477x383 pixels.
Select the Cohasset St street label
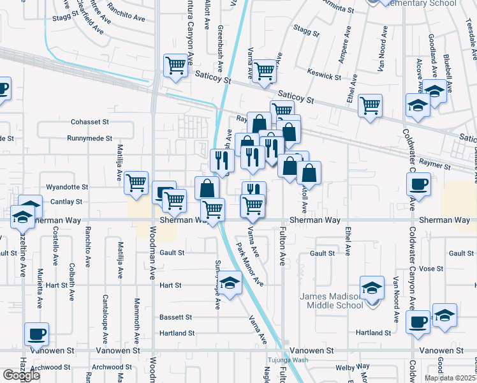tap(90, 121)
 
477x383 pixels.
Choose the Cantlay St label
tap(66, 202)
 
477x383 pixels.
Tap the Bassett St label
tap(175, 317)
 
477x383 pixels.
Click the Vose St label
tap(431, 269)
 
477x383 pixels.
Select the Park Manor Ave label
tap(250, 264)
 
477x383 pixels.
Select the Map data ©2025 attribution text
tap(450, 378)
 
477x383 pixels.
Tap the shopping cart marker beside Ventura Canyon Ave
tap(175, 64)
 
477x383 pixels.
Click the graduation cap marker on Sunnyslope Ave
tap(230, 282)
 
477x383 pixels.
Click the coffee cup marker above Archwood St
tap(36, 333)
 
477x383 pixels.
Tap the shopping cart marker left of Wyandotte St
tap(136, 183)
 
